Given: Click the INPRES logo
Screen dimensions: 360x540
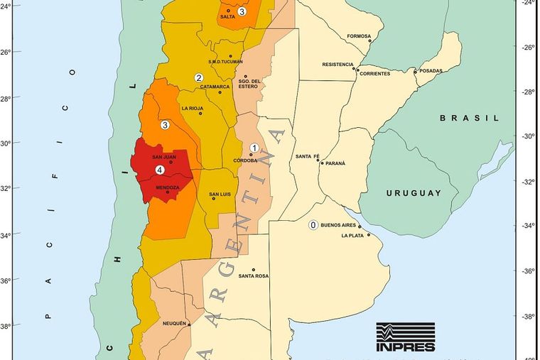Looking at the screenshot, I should coord(405,337).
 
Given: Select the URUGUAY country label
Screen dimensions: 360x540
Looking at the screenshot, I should coord(414,193).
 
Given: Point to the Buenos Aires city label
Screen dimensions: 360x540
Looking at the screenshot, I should coord(338,224).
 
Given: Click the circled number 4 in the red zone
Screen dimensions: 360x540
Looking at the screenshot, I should coord(159,170).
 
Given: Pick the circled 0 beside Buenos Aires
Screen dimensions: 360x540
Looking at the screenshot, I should coord(312,225).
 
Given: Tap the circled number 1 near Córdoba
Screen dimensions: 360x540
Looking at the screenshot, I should coord(254,147).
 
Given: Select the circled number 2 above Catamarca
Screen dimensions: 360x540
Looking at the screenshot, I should coord(199,78).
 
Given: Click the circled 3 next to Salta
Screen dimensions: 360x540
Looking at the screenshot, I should coord(242,11).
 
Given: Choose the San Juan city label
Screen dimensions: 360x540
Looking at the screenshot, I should coord(164,157).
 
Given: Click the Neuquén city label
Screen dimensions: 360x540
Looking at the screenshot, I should coord(174,323).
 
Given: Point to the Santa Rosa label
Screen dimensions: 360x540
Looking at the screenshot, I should coord(254,276).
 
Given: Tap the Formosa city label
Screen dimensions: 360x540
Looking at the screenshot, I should coord(359,36).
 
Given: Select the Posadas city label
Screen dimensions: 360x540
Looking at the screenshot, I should coord(431,71).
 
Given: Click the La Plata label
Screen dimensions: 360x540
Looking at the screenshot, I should coord(353,236).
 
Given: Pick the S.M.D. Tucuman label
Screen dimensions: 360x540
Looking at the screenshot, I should coord(225,62).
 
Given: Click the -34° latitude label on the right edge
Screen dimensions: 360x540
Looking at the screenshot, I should coord(528,226).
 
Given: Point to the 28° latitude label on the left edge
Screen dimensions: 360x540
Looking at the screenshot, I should coord(6,98).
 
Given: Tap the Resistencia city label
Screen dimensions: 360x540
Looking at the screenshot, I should coord(337,64).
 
